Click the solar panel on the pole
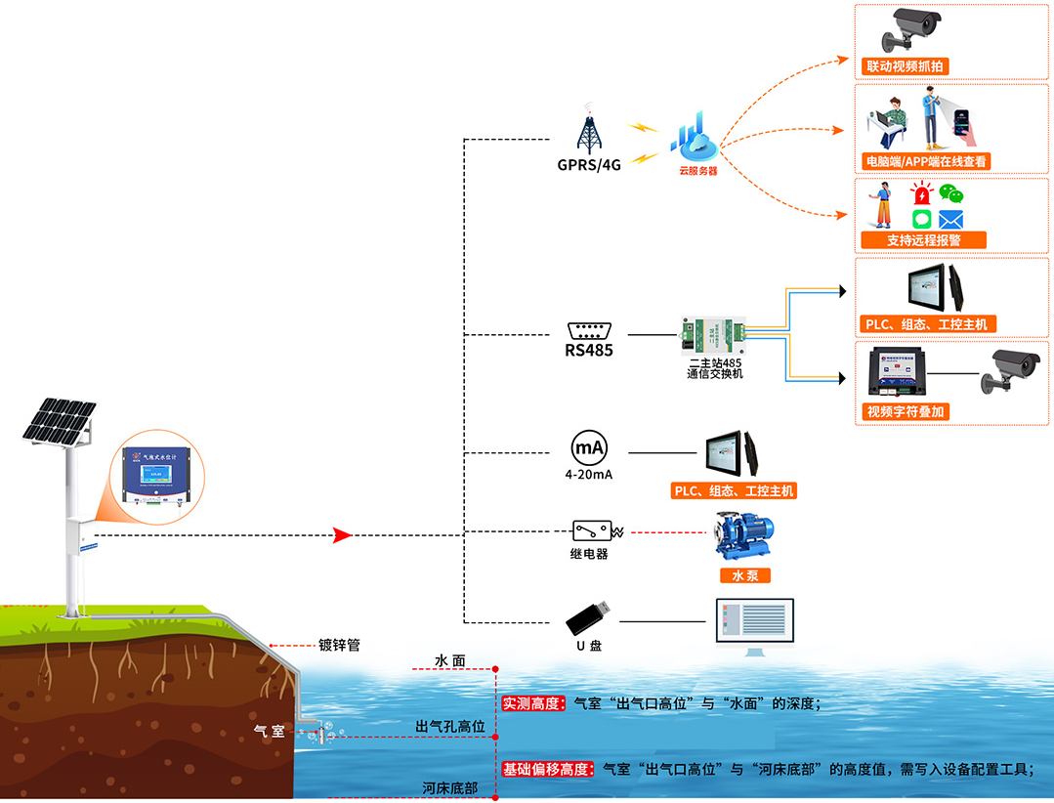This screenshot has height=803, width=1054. coord(59,425)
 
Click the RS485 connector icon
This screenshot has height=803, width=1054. coord(589,329)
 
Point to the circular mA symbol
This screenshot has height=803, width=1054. coord(589,448)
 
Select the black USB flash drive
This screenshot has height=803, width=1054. coord(591,615)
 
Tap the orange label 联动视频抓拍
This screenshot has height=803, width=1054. coord(906,66)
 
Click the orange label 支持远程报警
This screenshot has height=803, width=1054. coord(923,239)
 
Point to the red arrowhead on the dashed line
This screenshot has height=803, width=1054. coord(341,535)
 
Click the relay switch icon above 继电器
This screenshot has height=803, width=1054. coord(591,531)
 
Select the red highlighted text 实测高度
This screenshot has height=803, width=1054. coord(533,702)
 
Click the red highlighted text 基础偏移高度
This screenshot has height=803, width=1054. coord(547,769)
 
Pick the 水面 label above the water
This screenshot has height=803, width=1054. coord(450,661)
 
